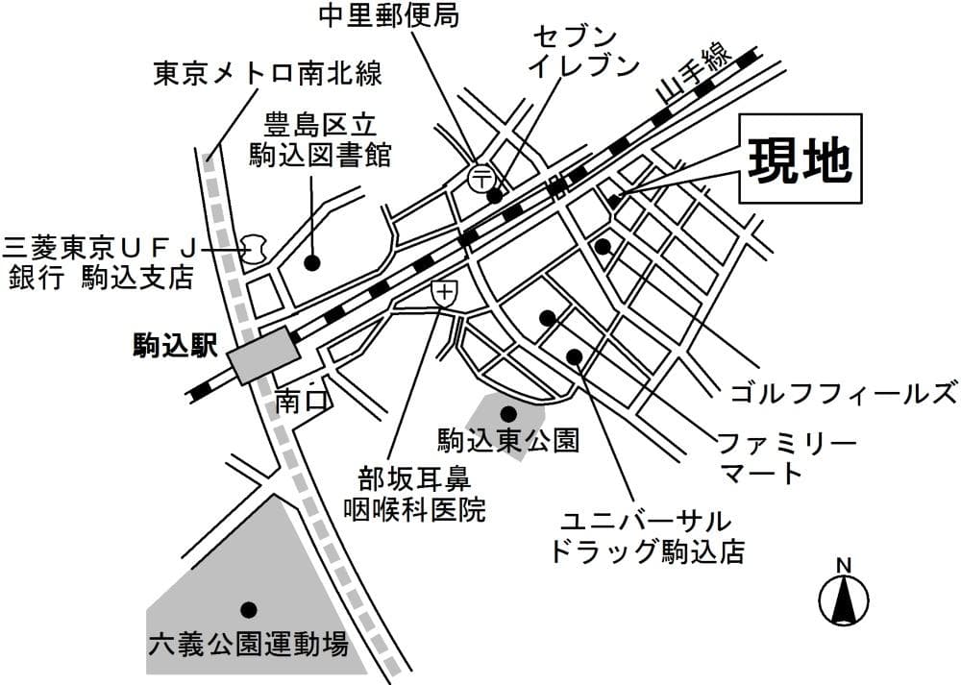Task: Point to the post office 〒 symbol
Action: click(480, 177)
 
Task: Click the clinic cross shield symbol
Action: click(444, 294)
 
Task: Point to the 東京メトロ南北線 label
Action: click(268, 73)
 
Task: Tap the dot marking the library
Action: click(311, 261)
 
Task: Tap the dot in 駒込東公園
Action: click(509, 412)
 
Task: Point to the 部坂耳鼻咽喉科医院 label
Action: click(414, 494)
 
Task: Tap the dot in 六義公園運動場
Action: click(248, 609)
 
